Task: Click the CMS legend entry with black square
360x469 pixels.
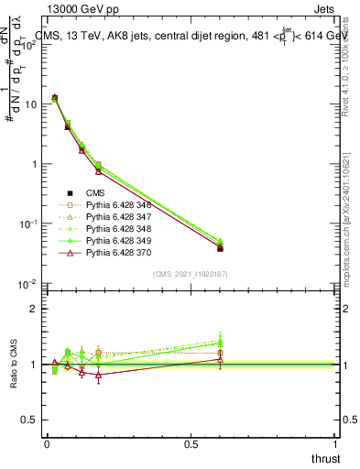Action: [96, 192]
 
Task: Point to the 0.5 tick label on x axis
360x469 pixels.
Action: [191, 444]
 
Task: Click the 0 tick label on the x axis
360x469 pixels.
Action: [47, 444]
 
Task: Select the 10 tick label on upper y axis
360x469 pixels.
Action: [30, 104]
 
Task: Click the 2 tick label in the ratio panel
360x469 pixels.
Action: [34, 309]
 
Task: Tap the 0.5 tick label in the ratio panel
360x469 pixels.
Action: [30, 420]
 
